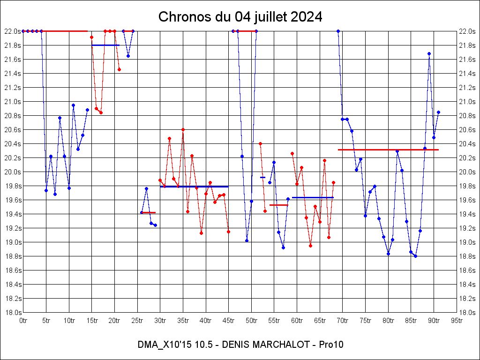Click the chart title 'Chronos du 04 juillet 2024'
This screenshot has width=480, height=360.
tap(240, 16)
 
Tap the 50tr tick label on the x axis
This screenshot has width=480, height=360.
tap(251, 321)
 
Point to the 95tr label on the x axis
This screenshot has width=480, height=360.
tap(457, 321)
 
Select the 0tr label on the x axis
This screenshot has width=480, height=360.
tap(23, 321)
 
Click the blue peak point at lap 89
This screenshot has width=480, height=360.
tap(429, 53)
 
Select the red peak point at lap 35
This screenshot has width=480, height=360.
tap(183, 129)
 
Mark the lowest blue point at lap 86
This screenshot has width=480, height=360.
tap(415, 256)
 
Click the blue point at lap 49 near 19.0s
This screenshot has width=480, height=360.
tap(247, 240)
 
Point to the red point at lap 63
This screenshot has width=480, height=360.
tap(310, 246)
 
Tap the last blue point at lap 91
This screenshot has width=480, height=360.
tap(438, 112)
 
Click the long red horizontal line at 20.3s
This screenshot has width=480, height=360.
tap(388, 150)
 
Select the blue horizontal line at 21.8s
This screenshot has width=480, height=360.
tap(105, 45)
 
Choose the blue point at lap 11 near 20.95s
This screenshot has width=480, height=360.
tap(74, 105)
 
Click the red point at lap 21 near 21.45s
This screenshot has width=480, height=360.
tap(120, 69)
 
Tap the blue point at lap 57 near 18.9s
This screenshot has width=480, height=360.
tap(283, 247)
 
